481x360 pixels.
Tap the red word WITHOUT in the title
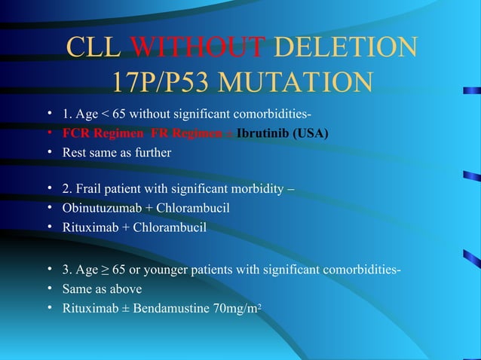click(198, 47)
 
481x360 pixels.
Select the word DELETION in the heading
click(345, 47)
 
